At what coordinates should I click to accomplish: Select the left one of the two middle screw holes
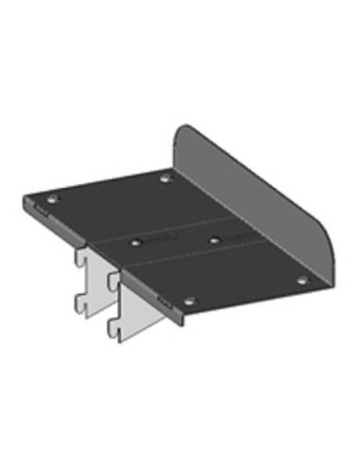click(137, 243)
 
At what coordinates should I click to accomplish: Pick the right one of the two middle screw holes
click(214, 240)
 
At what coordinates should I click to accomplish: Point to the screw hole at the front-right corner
click(302, 280)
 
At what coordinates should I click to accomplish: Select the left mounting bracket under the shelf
click(92, 279)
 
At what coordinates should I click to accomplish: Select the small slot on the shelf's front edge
click(163, 301)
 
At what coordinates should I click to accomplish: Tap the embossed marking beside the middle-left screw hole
click(159, 244)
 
